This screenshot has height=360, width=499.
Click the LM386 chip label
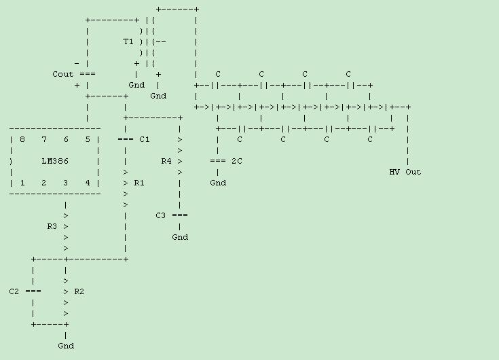(54, 161)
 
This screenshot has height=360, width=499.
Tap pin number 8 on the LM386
(22, 139)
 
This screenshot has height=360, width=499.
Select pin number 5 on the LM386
(88, 139)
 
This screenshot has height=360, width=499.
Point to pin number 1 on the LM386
(22, 183)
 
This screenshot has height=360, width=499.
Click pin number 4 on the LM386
(88, 183)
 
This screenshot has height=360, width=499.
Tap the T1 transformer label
(128, 41)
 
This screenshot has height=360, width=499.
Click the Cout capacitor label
(63, 74)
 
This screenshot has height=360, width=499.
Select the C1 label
(144, 139)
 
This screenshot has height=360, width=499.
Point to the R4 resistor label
(166, 161)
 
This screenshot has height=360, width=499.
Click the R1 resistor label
(139, 183)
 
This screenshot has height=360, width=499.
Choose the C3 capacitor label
(161, 215)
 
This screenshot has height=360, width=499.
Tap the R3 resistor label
(52, 226)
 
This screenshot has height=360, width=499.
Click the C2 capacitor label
(14, 291)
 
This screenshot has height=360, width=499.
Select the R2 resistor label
(79, 291)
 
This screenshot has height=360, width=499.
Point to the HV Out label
(405, 172)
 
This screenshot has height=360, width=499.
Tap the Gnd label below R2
(66, 346)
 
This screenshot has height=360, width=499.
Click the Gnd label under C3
(180, 237)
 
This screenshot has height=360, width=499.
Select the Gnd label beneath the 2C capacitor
(218, 183)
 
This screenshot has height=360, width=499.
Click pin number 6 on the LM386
(66, 139)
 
